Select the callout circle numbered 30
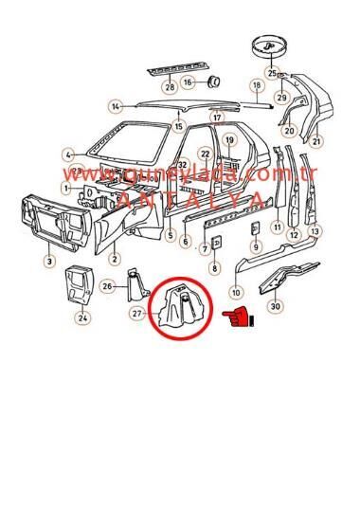coord(275,306)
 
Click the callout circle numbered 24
coord(82,318)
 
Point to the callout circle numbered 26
coord(108,286)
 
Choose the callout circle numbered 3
coord(49,260)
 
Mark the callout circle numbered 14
coord(116,106)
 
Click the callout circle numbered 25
coord(272,73)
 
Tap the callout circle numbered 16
coord(188,82)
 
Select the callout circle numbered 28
coord(170,88)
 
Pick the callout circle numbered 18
coord(255,86)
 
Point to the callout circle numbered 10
coord(236,292)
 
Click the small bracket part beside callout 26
coord(136,281)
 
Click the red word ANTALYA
coord(189,199)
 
